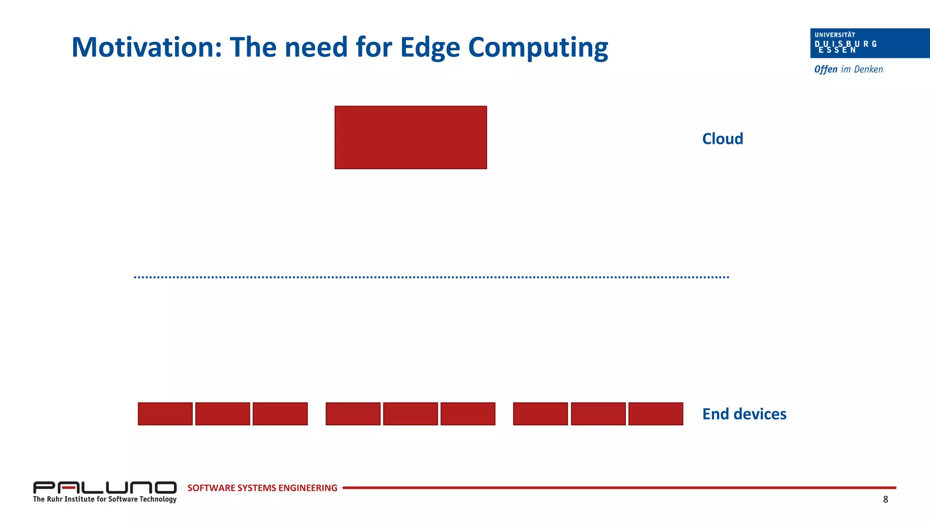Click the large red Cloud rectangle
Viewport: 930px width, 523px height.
(411, 138)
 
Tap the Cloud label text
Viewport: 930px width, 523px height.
(722, 139)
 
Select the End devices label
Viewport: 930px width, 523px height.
(744, 414)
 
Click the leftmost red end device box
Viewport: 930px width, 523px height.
(165, 414)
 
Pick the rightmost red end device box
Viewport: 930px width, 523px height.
(655, 414)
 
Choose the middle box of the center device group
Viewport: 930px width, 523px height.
(411, 414)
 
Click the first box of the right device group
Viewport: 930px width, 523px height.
(540, 414)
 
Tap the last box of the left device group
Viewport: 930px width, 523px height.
(280, 414)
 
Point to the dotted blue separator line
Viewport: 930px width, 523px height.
(431, 277)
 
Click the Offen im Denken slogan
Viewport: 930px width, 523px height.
(848, 69)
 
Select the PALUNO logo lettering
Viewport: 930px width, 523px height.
(104, 488)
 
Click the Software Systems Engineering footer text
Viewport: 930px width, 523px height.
(262, 488)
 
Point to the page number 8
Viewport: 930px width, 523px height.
(885, 500)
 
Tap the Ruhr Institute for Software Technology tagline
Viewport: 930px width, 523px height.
(104, 499)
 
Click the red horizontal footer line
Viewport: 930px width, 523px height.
(618, 488)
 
